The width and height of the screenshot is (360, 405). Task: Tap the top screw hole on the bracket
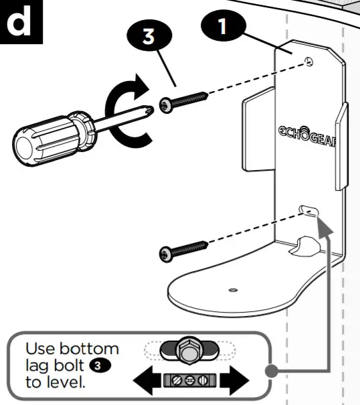point(308,62)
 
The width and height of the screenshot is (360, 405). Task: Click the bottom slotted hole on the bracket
point(309,211)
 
